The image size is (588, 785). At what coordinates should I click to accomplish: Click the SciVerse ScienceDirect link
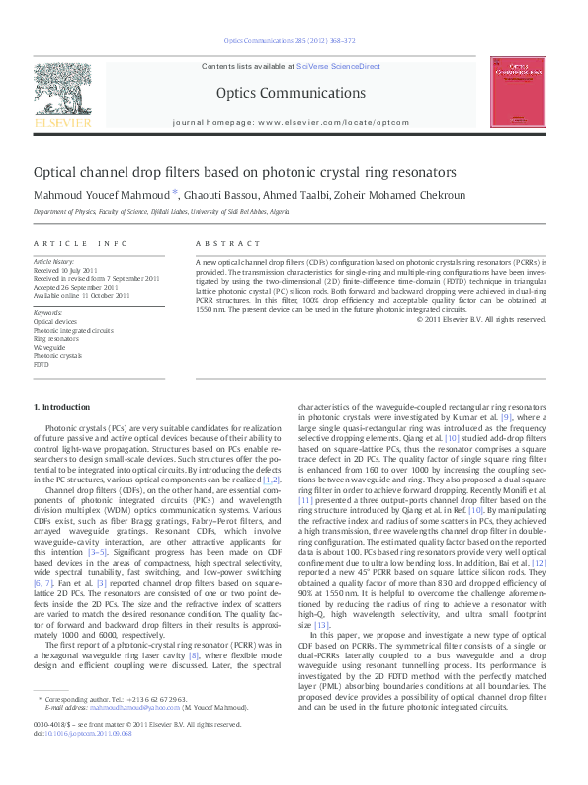coord(338,65)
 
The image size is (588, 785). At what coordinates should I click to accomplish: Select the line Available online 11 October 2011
coord(81,295)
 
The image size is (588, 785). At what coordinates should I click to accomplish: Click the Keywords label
coord(47,313)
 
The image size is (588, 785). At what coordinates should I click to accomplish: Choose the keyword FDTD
coord(42,364)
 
